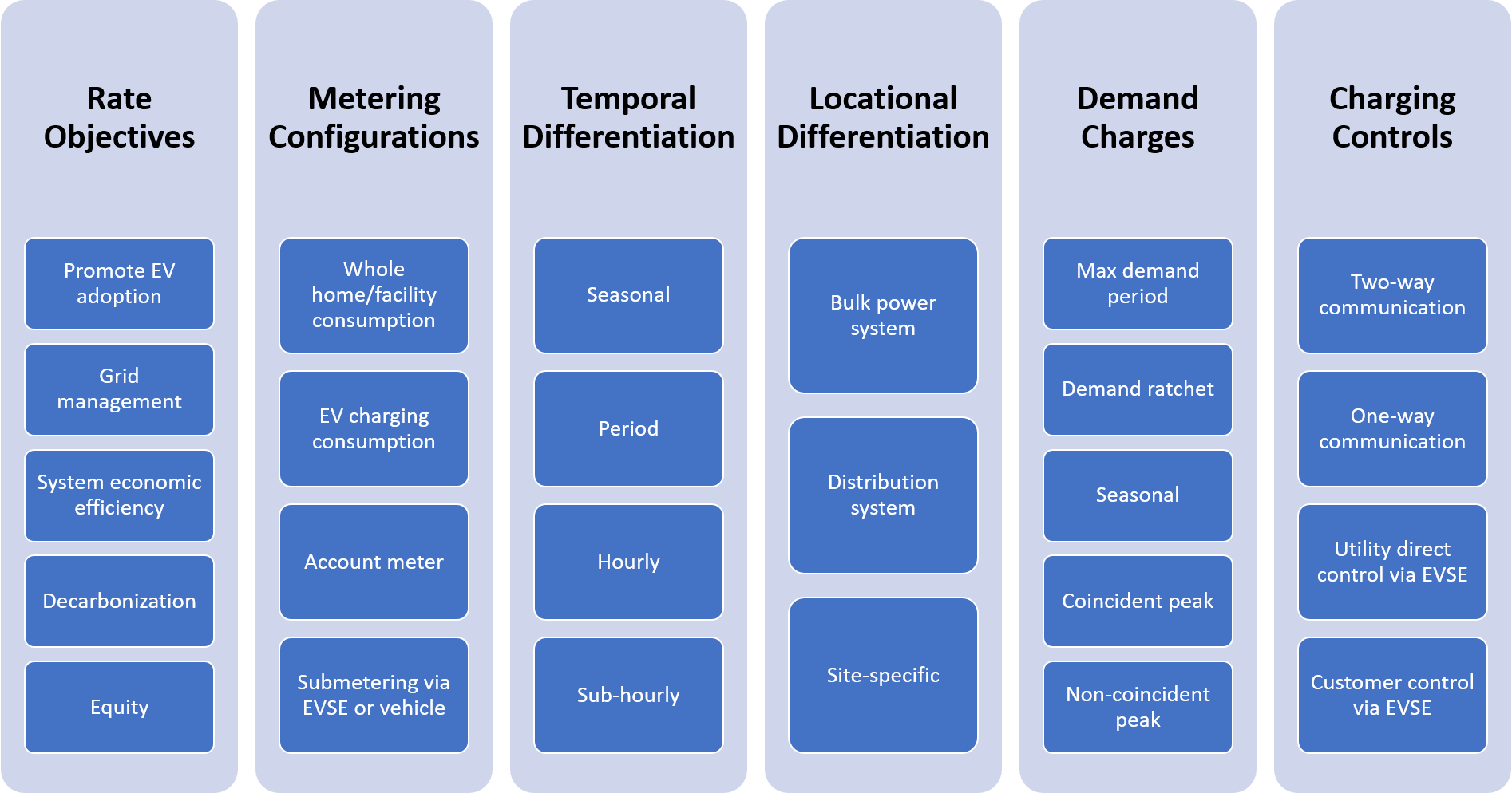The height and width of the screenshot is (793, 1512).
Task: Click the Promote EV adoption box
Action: (119, 283)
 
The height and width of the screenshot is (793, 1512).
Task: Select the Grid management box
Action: (119, 389)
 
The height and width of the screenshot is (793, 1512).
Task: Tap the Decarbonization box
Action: (119, 601)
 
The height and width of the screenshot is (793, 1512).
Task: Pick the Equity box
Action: (119, 707)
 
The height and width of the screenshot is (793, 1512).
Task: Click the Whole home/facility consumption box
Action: (374, 295)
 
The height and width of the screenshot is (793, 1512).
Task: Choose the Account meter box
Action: (374, 562)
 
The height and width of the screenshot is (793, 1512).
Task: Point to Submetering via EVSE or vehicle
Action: (374, 695)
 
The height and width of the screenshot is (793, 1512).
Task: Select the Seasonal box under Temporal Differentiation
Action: (628, 295)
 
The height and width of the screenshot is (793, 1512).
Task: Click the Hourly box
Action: (628, 562)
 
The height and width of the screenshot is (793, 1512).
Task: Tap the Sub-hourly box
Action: (628, 695)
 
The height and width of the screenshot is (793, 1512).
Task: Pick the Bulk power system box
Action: (883, 315)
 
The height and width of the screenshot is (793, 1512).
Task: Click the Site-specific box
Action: (883, 675)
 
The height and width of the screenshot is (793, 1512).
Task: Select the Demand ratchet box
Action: (1138, 389)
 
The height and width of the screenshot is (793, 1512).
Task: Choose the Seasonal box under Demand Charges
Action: (1138, 495)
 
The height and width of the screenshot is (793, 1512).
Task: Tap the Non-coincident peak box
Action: (1138, 707)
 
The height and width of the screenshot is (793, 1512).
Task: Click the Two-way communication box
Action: (1392, 295)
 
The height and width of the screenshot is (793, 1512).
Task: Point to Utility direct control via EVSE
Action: (1392, 562)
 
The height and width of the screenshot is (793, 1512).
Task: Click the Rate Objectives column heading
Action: (119, 117)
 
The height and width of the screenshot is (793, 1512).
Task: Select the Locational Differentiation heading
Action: (883, 117)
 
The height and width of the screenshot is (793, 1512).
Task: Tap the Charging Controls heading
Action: (1392, 117)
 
